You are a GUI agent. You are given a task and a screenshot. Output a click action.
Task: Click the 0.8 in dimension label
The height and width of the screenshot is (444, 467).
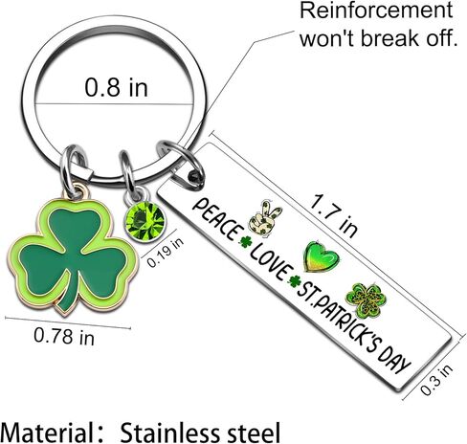(117, 87)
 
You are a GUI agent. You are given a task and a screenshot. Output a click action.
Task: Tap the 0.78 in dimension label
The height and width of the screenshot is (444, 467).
(64, 336)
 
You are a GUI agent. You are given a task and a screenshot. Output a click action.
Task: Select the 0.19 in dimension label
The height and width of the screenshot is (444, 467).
(166, 253)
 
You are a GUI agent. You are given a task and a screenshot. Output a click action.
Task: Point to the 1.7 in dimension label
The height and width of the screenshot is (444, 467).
(333, 215)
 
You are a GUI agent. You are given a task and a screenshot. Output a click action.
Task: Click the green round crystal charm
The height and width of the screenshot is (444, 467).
(145, 221)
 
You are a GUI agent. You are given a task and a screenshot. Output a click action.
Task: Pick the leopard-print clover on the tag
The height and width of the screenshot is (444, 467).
(367, 300)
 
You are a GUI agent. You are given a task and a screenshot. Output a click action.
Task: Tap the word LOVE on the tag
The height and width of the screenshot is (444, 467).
(271, 264)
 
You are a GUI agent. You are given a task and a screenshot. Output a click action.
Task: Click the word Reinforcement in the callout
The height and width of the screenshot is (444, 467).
(376, 11)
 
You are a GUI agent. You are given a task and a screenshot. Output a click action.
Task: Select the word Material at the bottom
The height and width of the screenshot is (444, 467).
(47, 432)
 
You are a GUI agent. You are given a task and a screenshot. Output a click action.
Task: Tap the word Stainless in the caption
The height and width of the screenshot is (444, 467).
(169, 432)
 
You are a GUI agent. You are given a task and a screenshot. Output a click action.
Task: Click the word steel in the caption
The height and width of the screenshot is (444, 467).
(253, 432)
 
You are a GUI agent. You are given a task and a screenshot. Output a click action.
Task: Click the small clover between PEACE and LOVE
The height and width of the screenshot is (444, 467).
(245, 242)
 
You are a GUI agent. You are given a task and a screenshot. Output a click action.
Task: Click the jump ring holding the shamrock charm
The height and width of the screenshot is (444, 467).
(73, 169)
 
